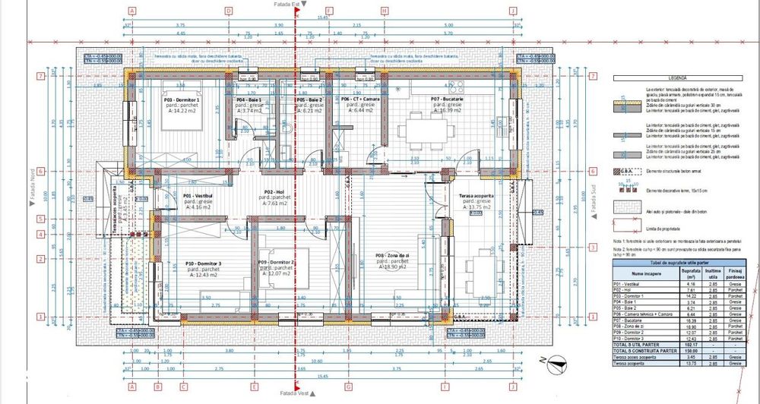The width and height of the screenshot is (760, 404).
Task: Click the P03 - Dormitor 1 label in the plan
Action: coord(181,99)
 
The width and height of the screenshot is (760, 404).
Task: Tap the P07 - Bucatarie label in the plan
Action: coord(446,99)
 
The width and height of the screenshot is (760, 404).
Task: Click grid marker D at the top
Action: coord(228,11)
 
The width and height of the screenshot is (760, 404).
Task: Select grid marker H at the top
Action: coord(385,11)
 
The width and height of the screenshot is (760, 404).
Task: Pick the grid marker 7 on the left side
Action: coord(39,76)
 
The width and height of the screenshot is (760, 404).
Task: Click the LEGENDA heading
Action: coord(676,77)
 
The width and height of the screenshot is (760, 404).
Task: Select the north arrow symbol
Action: coord(562,364)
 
